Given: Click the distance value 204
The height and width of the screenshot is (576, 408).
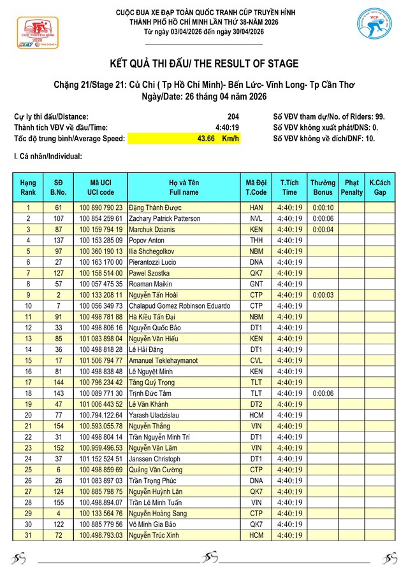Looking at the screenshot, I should pyautogui.click(x=233, y=116).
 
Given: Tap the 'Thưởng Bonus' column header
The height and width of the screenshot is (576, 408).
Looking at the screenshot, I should pyautogui.click(x=323, y=187).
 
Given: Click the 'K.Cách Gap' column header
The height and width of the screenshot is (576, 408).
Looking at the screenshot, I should pyautogui.click(x=380, y=187).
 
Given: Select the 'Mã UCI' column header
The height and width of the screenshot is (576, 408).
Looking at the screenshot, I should pyautogui.click(x=101, y=187).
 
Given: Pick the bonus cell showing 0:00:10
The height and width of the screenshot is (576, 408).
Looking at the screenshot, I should pyautogui.click(x=323, y=207).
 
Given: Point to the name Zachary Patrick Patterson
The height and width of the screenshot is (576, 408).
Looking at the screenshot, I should pyautogui.click(x=164, y=218).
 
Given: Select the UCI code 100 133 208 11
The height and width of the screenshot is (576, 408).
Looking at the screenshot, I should pyautogui.click(x=101, y=295).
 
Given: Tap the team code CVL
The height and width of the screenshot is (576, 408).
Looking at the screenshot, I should pyautogui.click(x=256, y=360).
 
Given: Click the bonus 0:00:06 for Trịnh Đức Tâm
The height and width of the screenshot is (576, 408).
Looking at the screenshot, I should pyautogui.click(x=323, y=393).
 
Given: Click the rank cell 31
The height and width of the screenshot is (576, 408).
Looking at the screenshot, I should pyautogui.click(x=28, y=535).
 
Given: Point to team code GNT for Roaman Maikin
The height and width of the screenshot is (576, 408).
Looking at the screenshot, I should pyautogui.click(x=256, y=284).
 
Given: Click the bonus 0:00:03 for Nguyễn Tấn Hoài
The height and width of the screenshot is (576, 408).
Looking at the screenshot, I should pyautogui.click(x=323, y=295).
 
